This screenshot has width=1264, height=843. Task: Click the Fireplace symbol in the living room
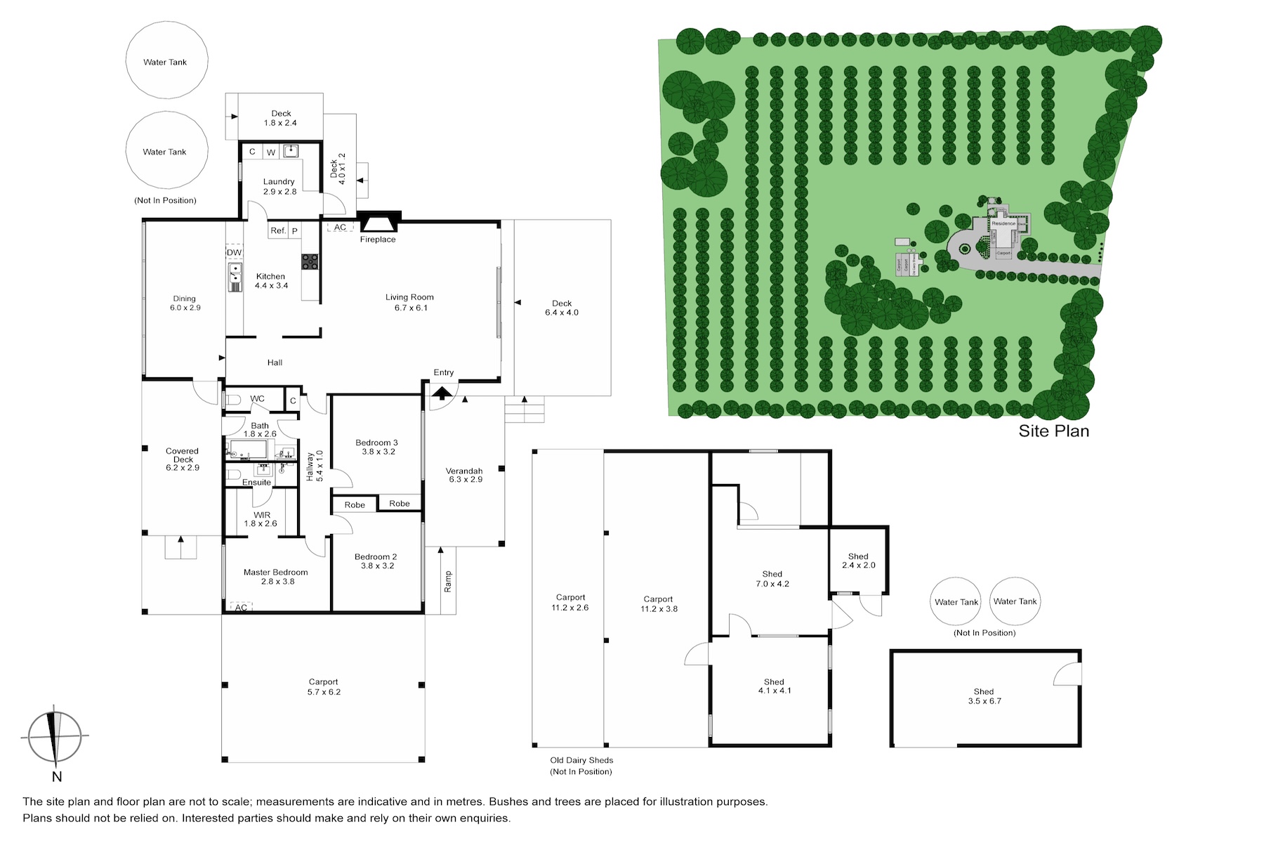(378, 222)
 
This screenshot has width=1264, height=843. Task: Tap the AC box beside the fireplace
(340, 228)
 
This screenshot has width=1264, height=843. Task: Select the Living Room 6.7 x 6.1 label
(409, 302)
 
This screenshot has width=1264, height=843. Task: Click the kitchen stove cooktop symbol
(310, 261)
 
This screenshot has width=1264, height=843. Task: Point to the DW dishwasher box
(234, 252)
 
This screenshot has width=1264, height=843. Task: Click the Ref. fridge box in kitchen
(278, 230)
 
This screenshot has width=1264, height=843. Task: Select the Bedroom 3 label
(377, 447)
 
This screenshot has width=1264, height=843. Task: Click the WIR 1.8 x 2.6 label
(261, 519)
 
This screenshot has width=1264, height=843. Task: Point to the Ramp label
(448, 581)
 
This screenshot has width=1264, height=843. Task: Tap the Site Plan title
(1053, 431)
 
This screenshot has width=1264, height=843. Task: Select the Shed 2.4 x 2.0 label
(858, 561)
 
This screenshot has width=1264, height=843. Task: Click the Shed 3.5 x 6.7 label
(984, 696)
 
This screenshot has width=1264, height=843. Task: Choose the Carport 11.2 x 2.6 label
(570, 602)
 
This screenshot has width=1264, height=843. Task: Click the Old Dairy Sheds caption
(581, 766)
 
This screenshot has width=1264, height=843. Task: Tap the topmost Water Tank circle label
(165, 62)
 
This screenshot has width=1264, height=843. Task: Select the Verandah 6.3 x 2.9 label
(465, 475)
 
